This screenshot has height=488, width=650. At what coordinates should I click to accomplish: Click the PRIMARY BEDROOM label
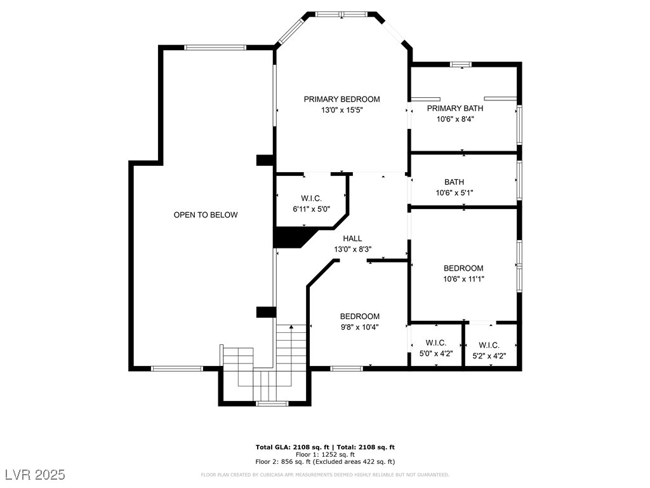[x=342, y=99]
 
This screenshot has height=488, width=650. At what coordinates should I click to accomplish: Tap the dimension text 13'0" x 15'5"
[x=342, y=110]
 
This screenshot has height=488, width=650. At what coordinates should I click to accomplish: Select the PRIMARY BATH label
[x=454, y=108]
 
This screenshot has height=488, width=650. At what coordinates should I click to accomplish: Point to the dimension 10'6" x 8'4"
[x=454, y=119]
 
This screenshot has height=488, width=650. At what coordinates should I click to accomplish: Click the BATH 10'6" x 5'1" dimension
[x=454, y=193]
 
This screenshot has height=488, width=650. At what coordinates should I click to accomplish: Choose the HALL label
[x=352, y=239]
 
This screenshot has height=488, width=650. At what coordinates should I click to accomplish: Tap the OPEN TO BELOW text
[x=206, y=215]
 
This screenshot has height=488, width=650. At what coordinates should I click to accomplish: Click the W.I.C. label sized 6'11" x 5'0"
[x=311, y=199]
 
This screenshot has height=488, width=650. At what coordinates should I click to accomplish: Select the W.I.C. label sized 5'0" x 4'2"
[x=436, y=343]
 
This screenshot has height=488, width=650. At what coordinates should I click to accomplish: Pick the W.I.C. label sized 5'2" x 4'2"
[x=489, y=345]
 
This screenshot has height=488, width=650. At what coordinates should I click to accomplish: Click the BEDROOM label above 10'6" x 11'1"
[x=463, y=269]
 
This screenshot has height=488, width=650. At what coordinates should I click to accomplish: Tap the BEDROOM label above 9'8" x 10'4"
[x=360, y=316]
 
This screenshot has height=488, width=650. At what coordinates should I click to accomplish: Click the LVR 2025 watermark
[x=36, y=474]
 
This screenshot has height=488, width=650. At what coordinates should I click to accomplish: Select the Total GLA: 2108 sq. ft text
[x=292, y=447]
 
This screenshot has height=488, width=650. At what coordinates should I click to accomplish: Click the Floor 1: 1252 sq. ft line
[x=325, y=454]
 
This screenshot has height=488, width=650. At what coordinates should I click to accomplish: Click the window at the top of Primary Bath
[x=461, y=64]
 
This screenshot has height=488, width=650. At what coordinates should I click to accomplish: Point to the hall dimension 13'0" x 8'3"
[x=353, y=249]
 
